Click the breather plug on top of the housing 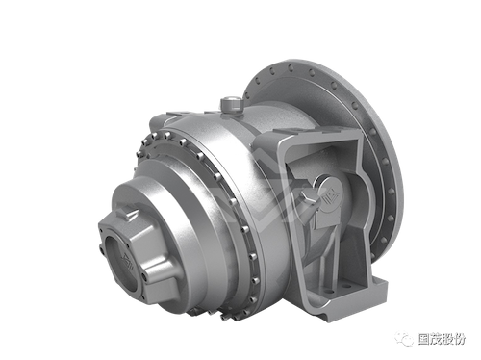(231, 105)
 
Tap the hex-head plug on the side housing (308, 196)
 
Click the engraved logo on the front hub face (125, 258)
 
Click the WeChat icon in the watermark (404, 338)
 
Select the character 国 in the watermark (423, 339)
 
